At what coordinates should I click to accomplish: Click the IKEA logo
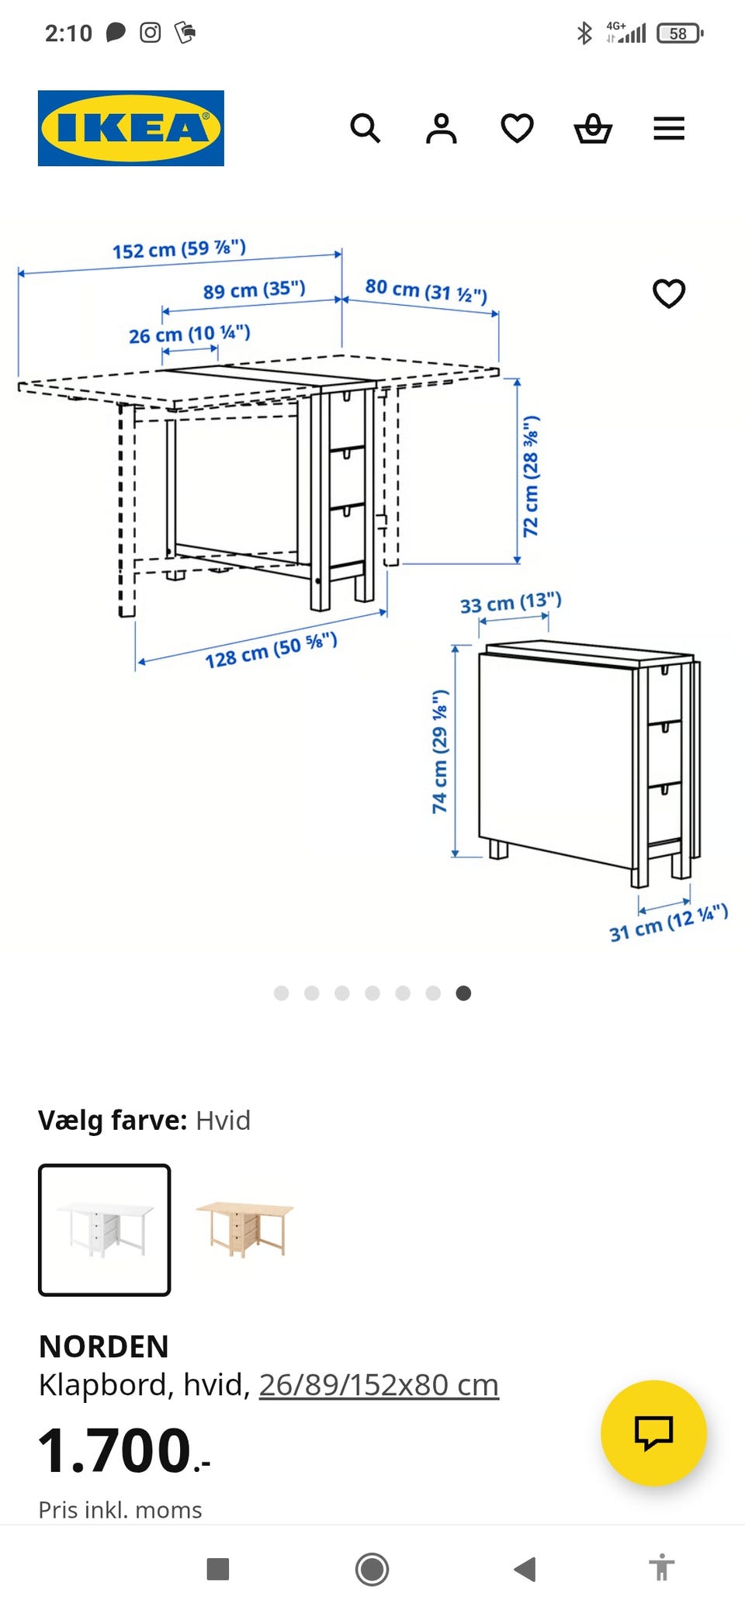(131, 128)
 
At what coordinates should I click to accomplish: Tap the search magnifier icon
(365, 128)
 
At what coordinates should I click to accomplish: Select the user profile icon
(441, 128)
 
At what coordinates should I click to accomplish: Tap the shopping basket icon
(593, 128)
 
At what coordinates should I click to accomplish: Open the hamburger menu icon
(669, 128)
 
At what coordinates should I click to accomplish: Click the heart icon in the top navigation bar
(517, 128)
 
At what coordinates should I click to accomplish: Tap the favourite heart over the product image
(669, 293)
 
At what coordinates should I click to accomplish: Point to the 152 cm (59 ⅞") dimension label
(179, 249)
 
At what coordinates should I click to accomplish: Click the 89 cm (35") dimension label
(255, 290)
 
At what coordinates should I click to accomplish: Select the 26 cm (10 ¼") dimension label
(189, 334)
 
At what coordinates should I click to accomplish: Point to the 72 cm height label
(531, 476)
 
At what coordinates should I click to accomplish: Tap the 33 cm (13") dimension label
(511, 602)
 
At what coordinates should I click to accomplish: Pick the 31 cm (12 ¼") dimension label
(668, 923)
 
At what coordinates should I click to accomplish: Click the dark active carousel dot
(463, 993)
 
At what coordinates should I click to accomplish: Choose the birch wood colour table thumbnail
(245, 1229)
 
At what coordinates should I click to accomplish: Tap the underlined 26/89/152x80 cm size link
(379, 1385)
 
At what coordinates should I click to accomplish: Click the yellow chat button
(653, 1432)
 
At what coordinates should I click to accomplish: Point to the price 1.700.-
(124, 1450)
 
